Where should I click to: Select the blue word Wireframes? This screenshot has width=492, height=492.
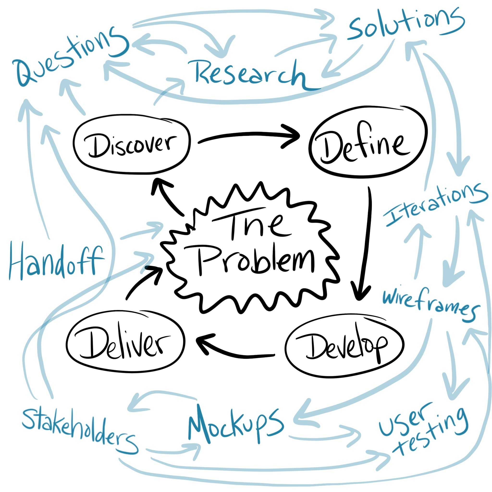pyautogui.click(x=430, y=304)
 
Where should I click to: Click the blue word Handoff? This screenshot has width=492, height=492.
pyautogui.click(x=56, y=262)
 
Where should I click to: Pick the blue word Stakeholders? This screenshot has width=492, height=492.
pyautogui.click(x=79, y=430)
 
